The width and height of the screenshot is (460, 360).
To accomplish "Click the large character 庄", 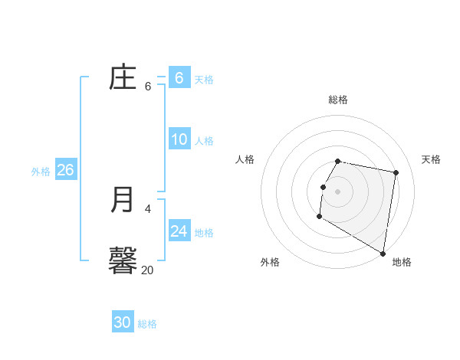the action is point(123,77).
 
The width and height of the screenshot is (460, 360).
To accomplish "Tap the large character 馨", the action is point(123,260).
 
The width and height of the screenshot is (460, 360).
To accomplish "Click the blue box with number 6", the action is point(179,77).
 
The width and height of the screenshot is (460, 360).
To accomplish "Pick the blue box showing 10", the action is point(179,139).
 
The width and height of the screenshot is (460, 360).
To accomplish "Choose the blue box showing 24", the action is point(179,231).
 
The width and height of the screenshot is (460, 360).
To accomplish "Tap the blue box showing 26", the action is point(65,169).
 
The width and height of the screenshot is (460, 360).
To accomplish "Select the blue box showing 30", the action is point(123,322).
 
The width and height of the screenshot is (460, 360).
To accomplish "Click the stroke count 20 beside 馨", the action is point(148,270).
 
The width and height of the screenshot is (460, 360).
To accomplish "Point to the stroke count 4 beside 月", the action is point(148,208).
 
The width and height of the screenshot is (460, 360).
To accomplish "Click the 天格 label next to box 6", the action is point(204,80).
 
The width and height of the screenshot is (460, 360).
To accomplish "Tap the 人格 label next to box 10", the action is point(204,141).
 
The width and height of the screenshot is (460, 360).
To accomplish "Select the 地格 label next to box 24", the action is point(204,233).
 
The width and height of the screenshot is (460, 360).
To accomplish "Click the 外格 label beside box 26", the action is point(41,172).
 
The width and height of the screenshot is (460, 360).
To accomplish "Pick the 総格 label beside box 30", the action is point(147,324).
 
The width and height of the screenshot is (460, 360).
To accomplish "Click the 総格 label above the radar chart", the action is point(338,100).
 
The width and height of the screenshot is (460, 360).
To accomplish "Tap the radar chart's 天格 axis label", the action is point(432,159).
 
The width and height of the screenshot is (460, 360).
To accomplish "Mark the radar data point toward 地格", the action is point(383,254).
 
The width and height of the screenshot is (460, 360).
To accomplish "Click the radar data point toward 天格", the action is point(396,173).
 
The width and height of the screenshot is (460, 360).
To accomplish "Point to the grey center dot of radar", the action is point(338,191).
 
